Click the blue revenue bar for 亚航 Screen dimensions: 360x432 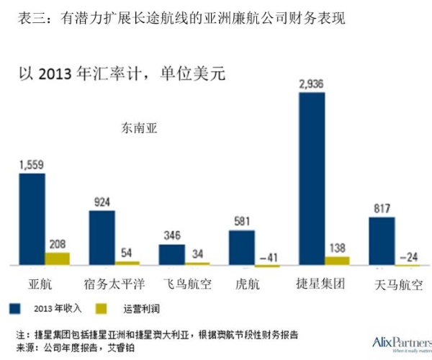[x=32, y=220]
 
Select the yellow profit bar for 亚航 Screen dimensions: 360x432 [x=58, y=259]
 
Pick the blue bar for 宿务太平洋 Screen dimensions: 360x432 [x=102, y=238]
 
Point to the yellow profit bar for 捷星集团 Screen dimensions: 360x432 [x=337, y=261]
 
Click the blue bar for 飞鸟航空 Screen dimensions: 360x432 [x=171, y=256]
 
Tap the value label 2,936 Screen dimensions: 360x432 [x=312, y=84]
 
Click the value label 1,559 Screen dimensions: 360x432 [x=32, y=165]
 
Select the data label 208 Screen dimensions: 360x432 [x=58, y=244]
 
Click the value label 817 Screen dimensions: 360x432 [x=382, y=208]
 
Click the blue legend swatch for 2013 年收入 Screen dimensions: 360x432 [x=14, y=308]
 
